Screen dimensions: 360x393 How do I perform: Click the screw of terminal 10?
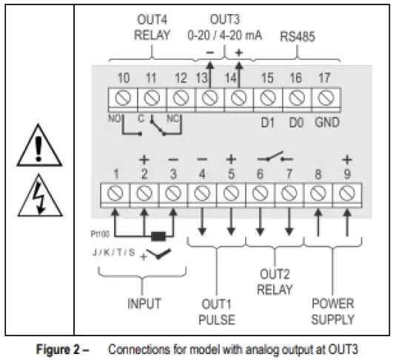coord(123,97)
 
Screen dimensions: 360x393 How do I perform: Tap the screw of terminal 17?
coord(323,97)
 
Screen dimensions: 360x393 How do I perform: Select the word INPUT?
coord(144,304)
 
